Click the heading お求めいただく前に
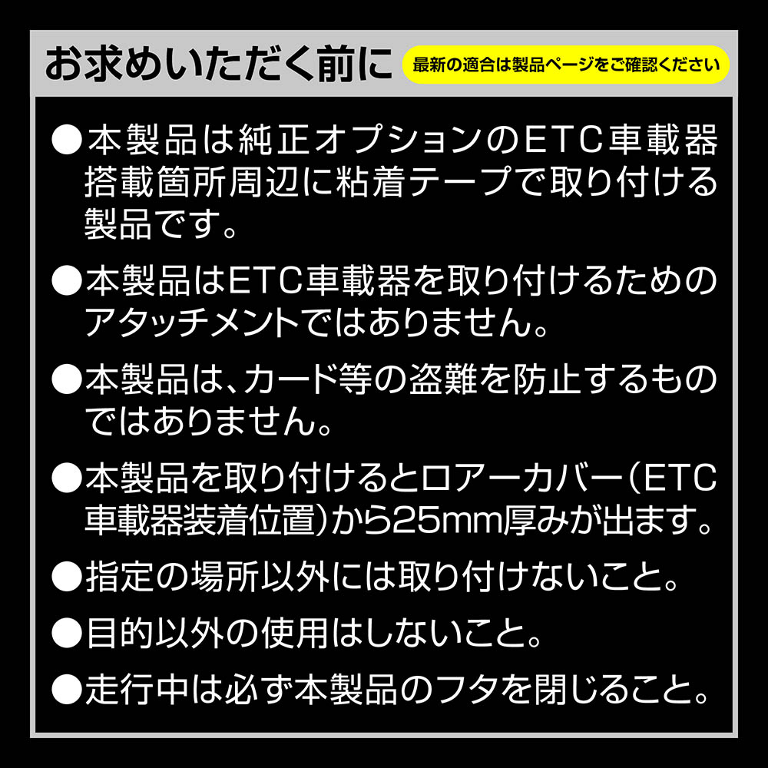pyautogui.click(x=218, y=65)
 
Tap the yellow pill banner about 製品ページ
pyautogui.click(x=566, y=65)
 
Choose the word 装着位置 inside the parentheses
pyautogui.click(x=249, y=520)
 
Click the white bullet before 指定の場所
pyautogui.click(x=67, y=577)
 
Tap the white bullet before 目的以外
pyautogui.click(x=67, y=634)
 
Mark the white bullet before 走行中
pyautogui.click(x=67, y=690)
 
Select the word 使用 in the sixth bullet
pyautogui.click(x=295, y=634)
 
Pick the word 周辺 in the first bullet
pyautogui.click(x=263, y=181)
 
